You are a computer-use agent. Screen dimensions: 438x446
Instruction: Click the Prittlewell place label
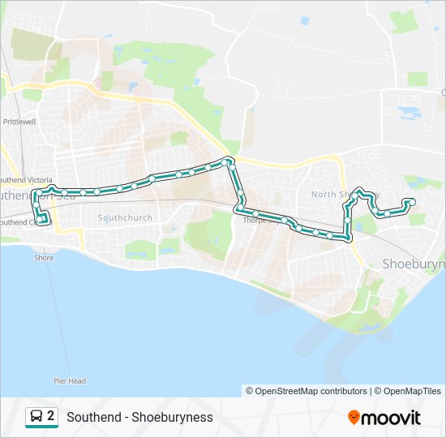[x=19, y=122]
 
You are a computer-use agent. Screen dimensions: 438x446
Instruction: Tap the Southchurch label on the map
[x=119, y=217]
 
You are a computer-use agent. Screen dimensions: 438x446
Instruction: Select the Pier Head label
[x=70, y=380]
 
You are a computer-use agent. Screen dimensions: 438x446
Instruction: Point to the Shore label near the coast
[x=44, y=258]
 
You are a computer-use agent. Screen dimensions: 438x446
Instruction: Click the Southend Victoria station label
[x=26, y=180]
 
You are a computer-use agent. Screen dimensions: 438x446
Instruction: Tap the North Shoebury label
[x=332, y=194]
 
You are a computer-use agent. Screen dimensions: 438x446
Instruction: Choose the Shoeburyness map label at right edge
[x=413, y=264]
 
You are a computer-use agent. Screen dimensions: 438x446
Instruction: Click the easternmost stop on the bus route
[x=412, y=201]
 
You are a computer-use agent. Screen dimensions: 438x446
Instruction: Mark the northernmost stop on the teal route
[x=228, y=161]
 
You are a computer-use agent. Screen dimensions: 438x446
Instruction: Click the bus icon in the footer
[x=36, y=417]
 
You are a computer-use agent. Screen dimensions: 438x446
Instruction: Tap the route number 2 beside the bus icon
[x=51, y=416]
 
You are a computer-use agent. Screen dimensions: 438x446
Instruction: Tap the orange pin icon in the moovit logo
[x=354, y=418]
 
